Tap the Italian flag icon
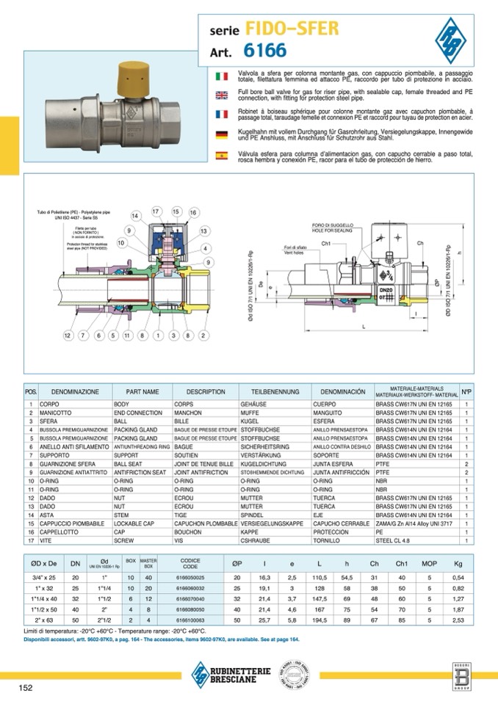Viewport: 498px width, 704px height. point(221,76)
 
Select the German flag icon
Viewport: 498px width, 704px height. point(221,134)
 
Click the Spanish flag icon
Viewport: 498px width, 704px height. point(221,155)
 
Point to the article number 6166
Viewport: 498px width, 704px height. point(260,50)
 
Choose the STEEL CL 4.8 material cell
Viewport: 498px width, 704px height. point(397,540)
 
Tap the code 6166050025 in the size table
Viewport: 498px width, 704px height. point(190,578)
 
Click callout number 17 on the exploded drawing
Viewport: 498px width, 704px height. point(156,211)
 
